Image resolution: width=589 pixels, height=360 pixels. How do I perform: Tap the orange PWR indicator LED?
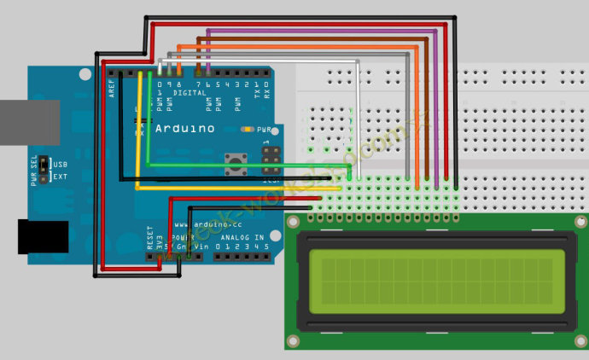click(x=247, y=130)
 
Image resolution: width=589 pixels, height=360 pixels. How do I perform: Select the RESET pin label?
click(x=150, y=237)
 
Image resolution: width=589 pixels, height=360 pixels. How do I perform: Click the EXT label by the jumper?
click(x=61, y=177)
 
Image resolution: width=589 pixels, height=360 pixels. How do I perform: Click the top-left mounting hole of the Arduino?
click(x=85, y=74)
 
